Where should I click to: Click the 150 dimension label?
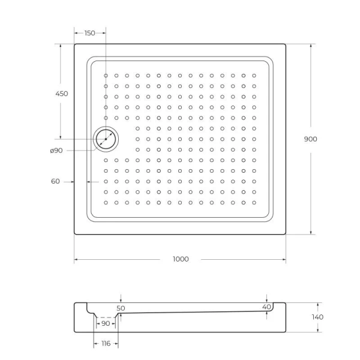(x=89, y=33)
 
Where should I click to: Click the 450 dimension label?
(x=61, y=94)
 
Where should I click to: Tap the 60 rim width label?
(x=55, y=181)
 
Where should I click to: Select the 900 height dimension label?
(x=310, y=139)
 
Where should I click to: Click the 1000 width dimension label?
(x=180, y=259)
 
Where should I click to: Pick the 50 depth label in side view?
(x=121, y=308)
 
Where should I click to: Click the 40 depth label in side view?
(x=266, y=307)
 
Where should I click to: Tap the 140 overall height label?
(x=317, y=317)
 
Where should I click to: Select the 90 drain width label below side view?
(x=106, y=323)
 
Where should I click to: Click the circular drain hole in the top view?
(x=106, y=139)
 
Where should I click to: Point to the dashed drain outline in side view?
(x=106, y=316)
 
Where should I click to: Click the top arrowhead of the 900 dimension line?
(x=310, y=46)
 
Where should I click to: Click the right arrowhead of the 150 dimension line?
(x=103, y=33)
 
